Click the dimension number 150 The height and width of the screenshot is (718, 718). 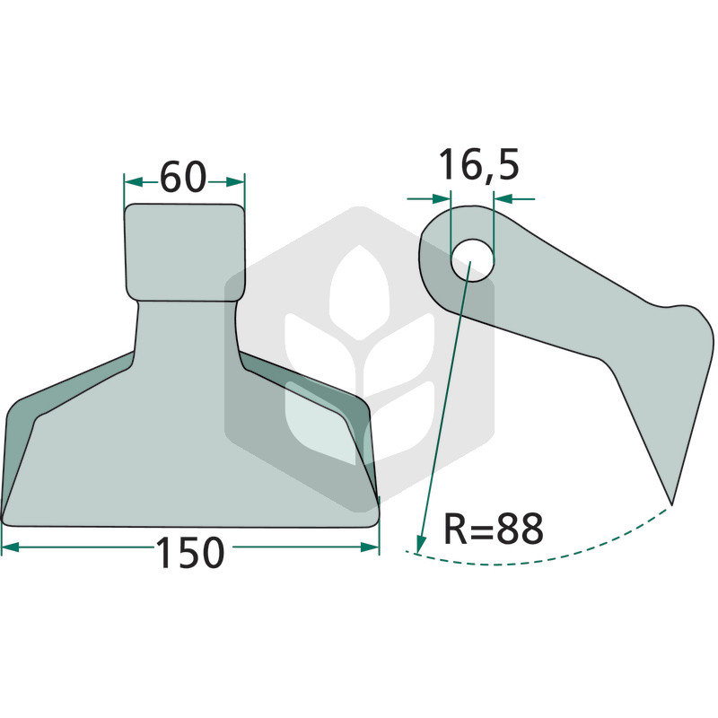(190, 552)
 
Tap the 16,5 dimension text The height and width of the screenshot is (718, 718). (479, 164)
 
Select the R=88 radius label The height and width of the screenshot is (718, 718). (494, 528)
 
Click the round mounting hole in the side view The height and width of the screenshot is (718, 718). (473, 260)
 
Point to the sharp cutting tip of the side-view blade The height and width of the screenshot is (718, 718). (671, 504)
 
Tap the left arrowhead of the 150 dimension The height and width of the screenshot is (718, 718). (10, 547)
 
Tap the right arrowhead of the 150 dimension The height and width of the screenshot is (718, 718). (370, 547)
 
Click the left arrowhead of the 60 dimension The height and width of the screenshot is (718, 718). (133, 182)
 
